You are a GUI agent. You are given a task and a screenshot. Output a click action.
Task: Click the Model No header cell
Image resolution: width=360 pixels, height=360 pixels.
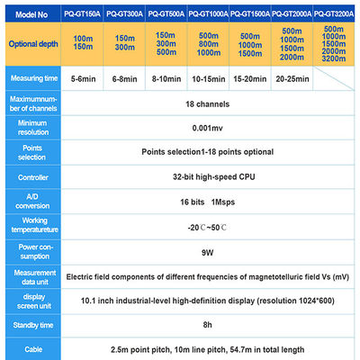(31, 13)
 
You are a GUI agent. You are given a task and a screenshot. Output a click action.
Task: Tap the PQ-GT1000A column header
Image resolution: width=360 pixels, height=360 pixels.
(207, 13)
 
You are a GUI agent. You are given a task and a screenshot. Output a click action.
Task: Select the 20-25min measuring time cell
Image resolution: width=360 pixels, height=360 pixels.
(291, 79)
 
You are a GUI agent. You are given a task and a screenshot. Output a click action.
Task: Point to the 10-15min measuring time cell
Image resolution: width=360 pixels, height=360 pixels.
(207, 79)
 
